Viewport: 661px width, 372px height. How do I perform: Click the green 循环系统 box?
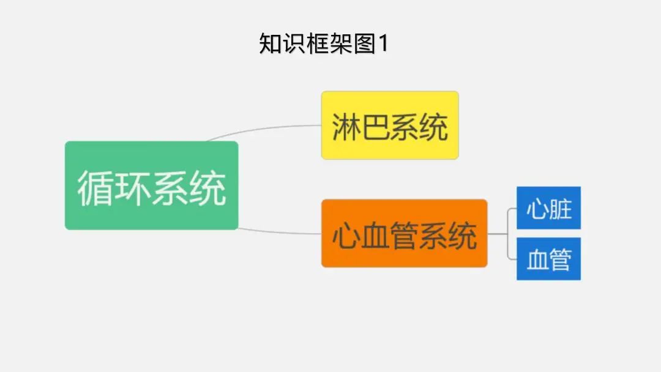(151, 185)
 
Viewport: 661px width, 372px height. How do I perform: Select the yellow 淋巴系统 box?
(390, 125)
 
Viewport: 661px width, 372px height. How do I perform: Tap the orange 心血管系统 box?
(404, 233)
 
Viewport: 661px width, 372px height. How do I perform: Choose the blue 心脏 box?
(548, 208)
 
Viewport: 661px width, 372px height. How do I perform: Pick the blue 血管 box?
(548, 259)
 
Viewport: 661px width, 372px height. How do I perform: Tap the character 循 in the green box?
(95, 187)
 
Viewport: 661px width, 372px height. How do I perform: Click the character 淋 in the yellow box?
(346, 127)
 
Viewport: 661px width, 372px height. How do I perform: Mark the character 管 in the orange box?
(404, 236)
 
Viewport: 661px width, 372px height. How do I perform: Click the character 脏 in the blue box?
(560, 208)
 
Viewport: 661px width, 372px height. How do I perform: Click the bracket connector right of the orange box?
(507, 234)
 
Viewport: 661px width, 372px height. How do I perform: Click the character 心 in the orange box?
(345, 236)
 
